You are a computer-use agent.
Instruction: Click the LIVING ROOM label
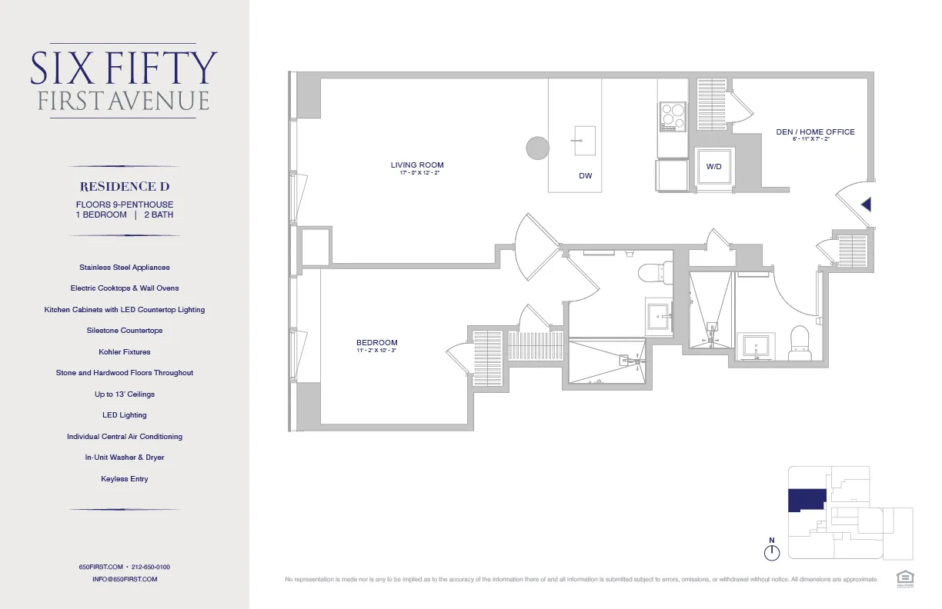[417, 165]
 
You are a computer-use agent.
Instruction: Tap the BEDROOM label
[377, 343]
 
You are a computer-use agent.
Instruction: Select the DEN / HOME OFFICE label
[815, 132]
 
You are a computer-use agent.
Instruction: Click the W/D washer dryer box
[713, 167]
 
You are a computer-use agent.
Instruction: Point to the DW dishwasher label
[586, 176]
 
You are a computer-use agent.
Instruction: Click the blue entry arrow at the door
[866, 205]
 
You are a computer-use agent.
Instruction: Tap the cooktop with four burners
[673, 117]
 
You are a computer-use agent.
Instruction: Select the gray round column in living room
[537, 148]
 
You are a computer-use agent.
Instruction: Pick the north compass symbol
[772, 551]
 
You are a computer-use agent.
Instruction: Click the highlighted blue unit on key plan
[806, 500]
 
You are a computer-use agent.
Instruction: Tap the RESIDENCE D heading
[124, 187]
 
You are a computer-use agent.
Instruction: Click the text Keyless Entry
[124, 479]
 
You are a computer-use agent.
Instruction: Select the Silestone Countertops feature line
[124, 331]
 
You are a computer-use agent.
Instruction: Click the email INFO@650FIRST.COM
[124, 579]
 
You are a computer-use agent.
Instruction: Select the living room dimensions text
[417, 174]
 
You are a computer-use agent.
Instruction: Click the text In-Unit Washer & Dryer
[124, 458]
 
